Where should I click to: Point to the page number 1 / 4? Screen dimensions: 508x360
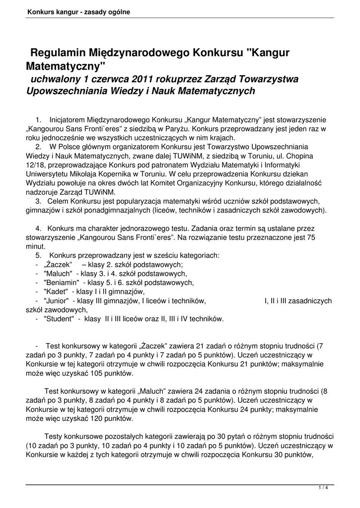pyautogui.click(x=323, y=488)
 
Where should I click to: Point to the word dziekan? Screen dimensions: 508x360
pyautogui.click(x=309, y=174)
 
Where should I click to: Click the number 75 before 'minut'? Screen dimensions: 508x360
pyautogui.click(x=311, y=237)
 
